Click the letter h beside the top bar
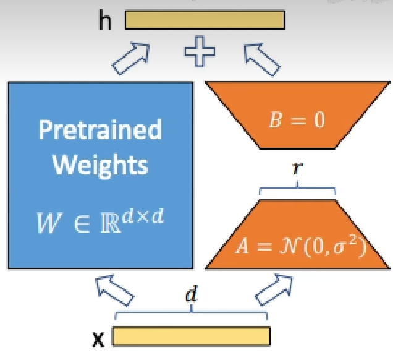tap(107, 20)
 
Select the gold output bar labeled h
tap(205, 20)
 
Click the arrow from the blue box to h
tap(131, 57)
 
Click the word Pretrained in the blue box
tap(100, 130)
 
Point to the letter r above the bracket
tap(297, 167)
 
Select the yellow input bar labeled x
tap(191, 335)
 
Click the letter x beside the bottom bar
tap(98, 339)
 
